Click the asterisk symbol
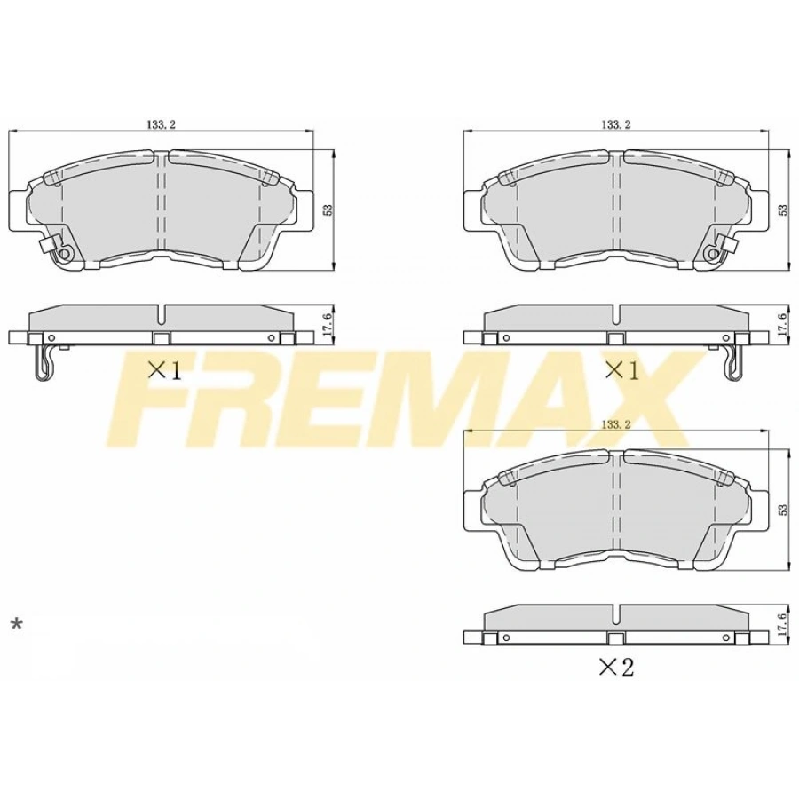tap(15, 625)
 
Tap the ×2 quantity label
tap(616, 668)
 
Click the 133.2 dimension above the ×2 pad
tap(615, 425)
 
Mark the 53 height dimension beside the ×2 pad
tap(782, 510)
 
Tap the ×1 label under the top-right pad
tap(621, 370)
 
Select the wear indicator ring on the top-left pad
tap(64, 255)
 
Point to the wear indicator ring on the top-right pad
tap(712, 255)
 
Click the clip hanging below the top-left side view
tap(43, 362)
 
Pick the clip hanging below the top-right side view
tap(733, 362)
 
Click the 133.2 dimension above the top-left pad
tap(161, 125)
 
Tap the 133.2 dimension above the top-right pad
tap(615, 125)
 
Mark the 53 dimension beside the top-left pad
tap(328, 210)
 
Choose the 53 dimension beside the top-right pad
tap(782, 210)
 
